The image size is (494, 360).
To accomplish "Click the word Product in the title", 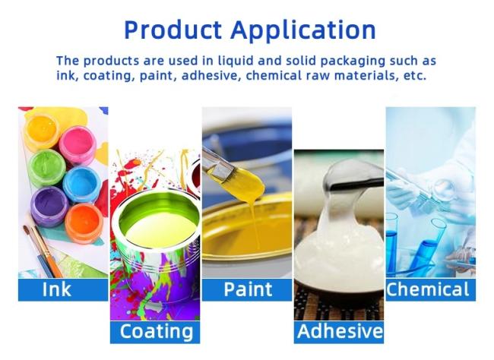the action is [173, 30].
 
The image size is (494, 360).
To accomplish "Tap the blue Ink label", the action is [63, 290].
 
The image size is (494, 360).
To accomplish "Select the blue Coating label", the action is [155, 332].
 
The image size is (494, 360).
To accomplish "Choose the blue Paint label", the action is [247, 290].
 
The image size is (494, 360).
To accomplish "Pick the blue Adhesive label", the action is [339, 332].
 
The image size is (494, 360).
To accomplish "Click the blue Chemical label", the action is [431, 290].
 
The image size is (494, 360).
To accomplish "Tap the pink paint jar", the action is [78, 144].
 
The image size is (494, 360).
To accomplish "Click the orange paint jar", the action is [84, 223].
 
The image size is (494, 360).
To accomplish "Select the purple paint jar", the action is [49, 206].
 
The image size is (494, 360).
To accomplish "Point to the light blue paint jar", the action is [81, 184].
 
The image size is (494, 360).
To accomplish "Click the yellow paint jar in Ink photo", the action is [42, 130].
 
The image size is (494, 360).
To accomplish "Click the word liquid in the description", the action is [236, 61].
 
